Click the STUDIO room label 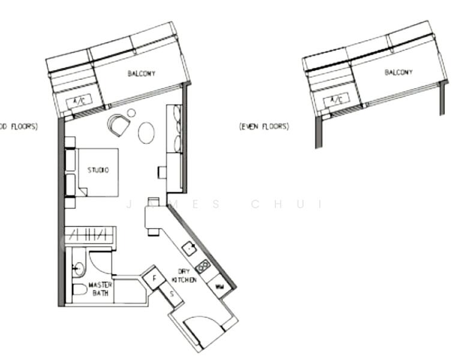pyautogui.click(x=98, y=170)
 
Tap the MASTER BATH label pyautogui.click(x=100, y=289)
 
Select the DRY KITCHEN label pyautogui.click(x=184, y=275)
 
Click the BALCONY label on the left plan pyautogui.click(x=142, y=74)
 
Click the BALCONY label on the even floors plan pyautogui.click(x=398, y=72)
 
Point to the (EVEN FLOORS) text pyautogui.click(x=264, y=127)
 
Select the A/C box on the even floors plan pyautogui.click(x=337, y=98)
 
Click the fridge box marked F pyautogui.click(x=154, y=278)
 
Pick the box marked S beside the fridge pyautogui.click(x=171, y=294)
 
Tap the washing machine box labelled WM pyautogui.click(x=220, y=288)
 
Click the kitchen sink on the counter pyautogui.click(x=190, y=247)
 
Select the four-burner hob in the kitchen pyautogui.click(x=203, y=266)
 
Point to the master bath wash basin pyautogui.click(x=78, y=268)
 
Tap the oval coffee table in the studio pyautogui.click(x=146, y=133)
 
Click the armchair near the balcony pyautogui.click(x=119, y=125)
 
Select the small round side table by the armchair pyautogui.click(x=131, y=113)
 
